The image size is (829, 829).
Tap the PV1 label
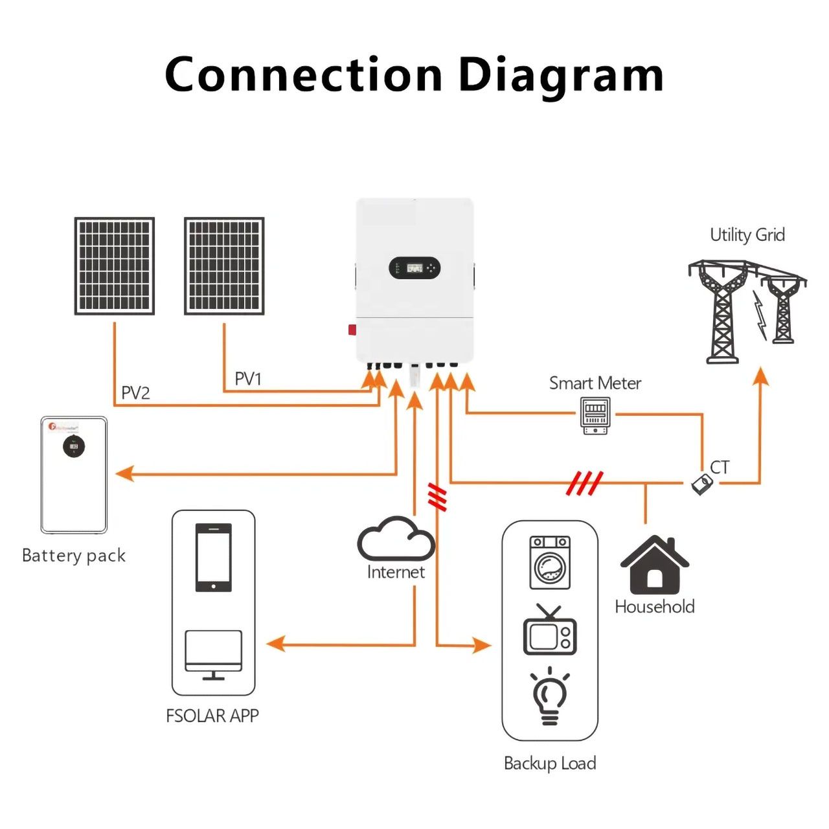coord(247,379)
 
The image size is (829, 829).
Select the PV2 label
coord(135,393)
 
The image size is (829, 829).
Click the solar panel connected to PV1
coord(224,266)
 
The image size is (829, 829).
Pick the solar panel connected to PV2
coord(115,266)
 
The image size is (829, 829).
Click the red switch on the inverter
coord(352,330)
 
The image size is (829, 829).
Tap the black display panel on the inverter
coord(414,267)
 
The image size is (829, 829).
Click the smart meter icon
coord(595,416)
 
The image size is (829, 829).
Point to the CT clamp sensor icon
coord(701,484)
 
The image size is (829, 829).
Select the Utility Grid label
coord(747,234)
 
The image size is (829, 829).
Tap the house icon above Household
coord(655,565)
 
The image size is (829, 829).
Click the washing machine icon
coord(550,562)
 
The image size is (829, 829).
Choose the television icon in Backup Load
coord(549,631)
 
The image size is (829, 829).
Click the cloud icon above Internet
coord(396,539)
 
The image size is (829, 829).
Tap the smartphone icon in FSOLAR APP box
coord(214,557)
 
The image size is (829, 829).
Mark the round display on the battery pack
coord(74,447)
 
